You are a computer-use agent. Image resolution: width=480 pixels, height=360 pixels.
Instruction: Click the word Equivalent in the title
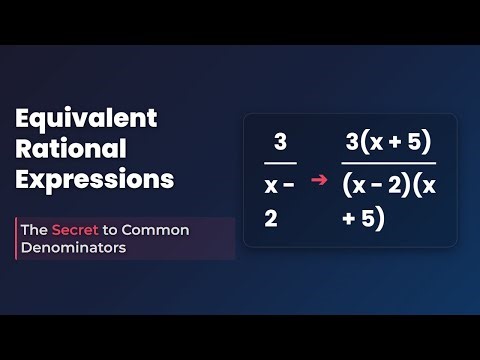tap(86, 118)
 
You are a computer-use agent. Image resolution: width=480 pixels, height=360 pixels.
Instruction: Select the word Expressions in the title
tap(95, 180)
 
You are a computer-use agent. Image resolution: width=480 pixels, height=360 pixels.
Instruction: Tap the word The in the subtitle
tap(34, 229)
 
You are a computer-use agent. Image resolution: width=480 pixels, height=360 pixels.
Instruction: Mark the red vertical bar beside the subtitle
tap(16, 238)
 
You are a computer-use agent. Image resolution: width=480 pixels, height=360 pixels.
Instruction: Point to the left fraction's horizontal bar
tap(280, 162)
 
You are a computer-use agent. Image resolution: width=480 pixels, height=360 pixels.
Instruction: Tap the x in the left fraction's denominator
tap(271, 184)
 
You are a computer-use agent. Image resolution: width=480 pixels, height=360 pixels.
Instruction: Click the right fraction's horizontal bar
tap(388, 163)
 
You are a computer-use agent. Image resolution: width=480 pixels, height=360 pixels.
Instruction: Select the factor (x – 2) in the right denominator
tap(380, 185)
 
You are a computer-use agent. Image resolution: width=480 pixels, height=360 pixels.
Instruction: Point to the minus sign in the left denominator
tap(290, 184)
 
